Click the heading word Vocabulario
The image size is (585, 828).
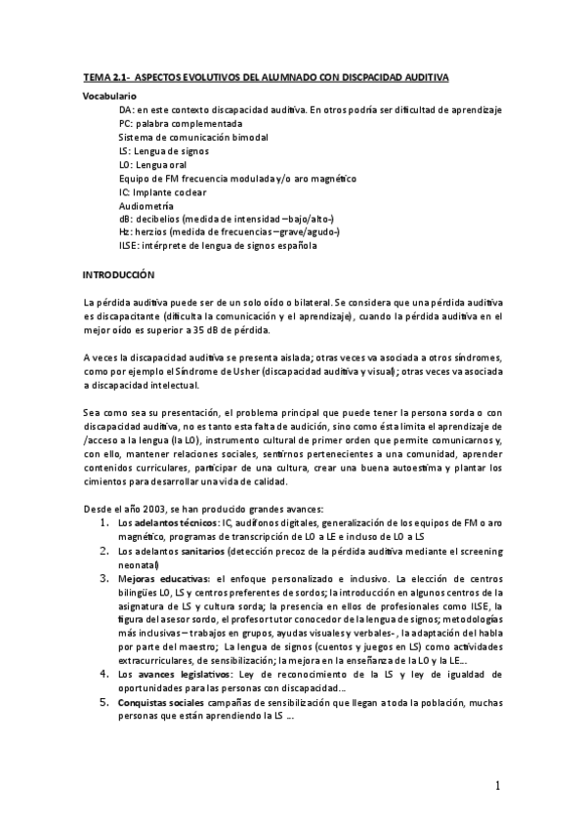(109, 97)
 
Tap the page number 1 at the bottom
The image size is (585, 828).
(497, 786)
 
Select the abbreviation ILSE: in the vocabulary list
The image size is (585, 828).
(131, 246)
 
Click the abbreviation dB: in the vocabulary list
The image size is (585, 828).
(127, 219)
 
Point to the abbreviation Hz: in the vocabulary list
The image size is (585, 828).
(126, 232)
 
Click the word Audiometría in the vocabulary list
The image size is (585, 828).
(146, 206)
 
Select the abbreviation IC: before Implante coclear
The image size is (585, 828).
(125, 192)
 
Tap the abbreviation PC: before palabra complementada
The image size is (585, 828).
(126, 124)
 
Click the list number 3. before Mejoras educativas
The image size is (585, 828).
(106, 579)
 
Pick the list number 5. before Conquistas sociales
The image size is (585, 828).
(106, 701)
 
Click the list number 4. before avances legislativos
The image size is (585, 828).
(106, 674)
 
